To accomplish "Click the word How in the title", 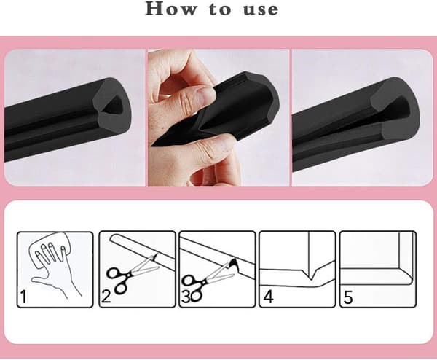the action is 171,9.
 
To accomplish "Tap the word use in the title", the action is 261,10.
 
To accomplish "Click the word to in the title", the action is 220,9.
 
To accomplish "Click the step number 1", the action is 23,297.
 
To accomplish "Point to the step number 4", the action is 268,297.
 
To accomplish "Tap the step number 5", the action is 348,297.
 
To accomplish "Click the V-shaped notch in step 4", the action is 311,275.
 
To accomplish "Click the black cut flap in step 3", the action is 234,264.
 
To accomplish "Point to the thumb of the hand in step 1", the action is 39,280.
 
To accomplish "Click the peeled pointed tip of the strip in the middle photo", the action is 157,143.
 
